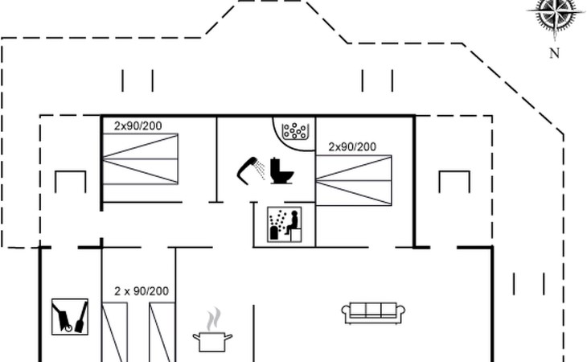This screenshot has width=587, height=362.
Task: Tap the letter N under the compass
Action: pos(554,54)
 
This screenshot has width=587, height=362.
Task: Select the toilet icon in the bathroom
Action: pos(281,171)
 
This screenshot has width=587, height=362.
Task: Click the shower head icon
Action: pos(251,171)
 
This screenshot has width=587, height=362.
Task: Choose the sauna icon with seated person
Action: pos(285,224)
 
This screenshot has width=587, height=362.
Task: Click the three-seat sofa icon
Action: pos(373,313)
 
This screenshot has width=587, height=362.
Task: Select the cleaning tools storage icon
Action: pos(70,317)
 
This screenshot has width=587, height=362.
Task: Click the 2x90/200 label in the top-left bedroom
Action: pos(138,125)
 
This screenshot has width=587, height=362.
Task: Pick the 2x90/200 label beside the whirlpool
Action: pos(352,146)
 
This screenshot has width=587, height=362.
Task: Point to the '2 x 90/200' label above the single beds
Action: pos(142,291)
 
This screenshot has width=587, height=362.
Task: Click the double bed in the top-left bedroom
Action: pos(140,158)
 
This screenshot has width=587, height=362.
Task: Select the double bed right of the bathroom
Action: pos(354,180)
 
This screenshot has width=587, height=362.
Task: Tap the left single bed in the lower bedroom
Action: pos(114,332)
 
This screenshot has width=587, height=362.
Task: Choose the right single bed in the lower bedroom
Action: pos(162,332)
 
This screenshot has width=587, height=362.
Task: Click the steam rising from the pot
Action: pos(213,319)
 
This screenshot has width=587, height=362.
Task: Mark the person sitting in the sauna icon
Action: pos(293,222)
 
